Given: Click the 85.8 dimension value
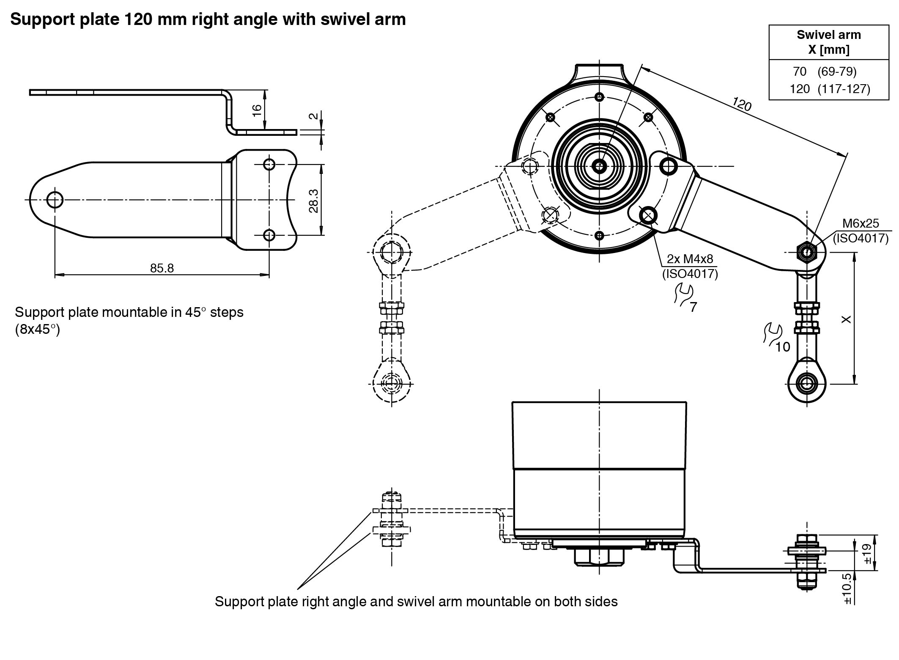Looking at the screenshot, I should point(162,268).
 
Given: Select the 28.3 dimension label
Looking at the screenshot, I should point(313,201).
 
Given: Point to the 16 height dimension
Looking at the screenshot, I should point(257,110).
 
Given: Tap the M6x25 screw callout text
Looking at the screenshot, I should point(861,223).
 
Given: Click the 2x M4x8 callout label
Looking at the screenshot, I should point(690,258).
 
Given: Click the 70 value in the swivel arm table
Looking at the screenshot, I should point(800,72).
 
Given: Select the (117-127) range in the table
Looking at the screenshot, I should point(844,89).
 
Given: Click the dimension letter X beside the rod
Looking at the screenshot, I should point(846,319).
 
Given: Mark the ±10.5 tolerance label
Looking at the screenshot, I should point(847,588).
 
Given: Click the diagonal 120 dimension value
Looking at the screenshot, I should point(741,104).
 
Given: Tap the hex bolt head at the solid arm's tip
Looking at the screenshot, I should point(807,253).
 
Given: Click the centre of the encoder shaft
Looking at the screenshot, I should point(599,166).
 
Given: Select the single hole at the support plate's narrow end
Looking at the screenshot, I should point(55,199).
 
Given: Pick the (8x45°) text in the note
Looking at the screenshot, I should point(37,330).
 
